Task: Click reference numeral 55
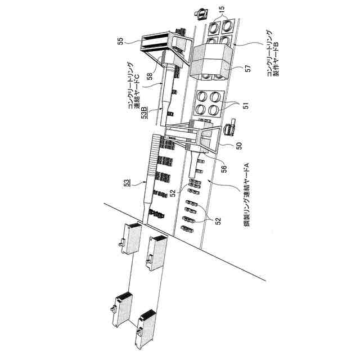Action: click(x=119, y=41)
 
